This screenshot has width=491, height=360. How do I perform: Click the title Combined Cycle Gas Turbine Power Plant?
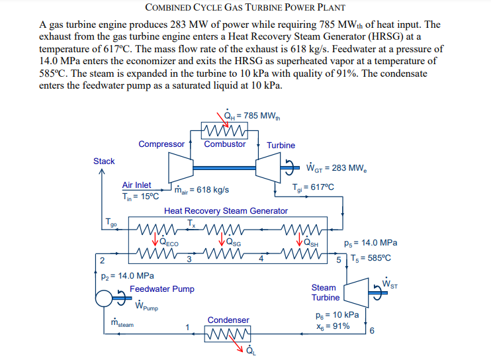coord(245,8)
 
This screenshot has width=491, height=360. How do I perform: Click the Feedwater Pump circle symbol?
coord(104,299)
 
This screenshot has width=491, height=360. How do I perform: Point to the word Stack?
coord(103,161)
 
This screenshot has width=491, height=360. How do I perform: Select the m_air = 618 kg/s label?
coord(201,190)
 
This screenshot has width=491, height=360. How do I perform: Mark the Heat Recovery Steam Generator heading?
coord(226,210)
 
